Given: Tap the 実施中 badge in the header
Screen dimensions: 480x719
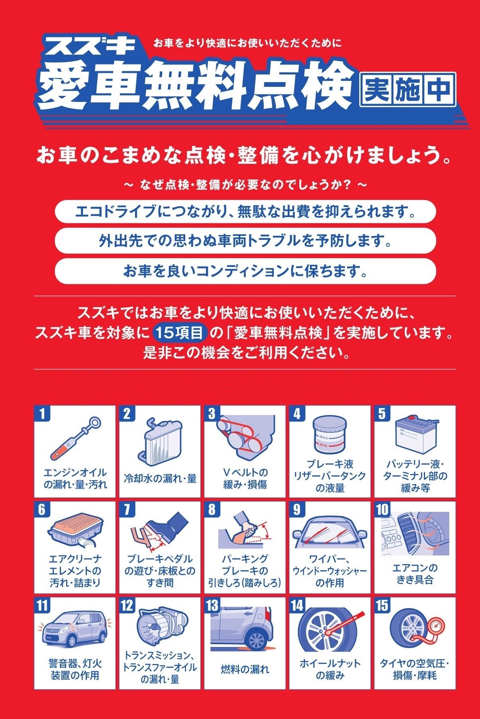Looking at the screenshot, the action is [408, 90].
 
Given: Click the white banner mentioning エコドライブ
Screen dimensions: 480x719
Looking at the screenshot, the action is [245, 212].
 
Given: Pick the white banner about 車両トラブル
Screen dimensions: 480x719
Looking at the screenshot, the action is [245, 241].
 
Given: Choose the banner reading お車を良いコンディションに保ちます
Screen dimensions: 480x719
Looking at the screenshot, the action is [245, 271].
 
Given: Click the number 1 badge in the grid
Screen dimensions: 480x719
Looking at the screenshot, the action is [42, 413].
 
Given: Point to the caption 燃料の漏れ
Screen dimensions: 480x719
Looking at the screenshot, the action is [245, 669].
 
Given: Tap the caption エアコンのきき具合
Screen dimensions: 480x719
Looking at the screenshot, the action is [415, 574].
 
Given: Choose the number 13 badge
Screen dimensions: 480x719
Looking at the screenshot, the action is [213, 605].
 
